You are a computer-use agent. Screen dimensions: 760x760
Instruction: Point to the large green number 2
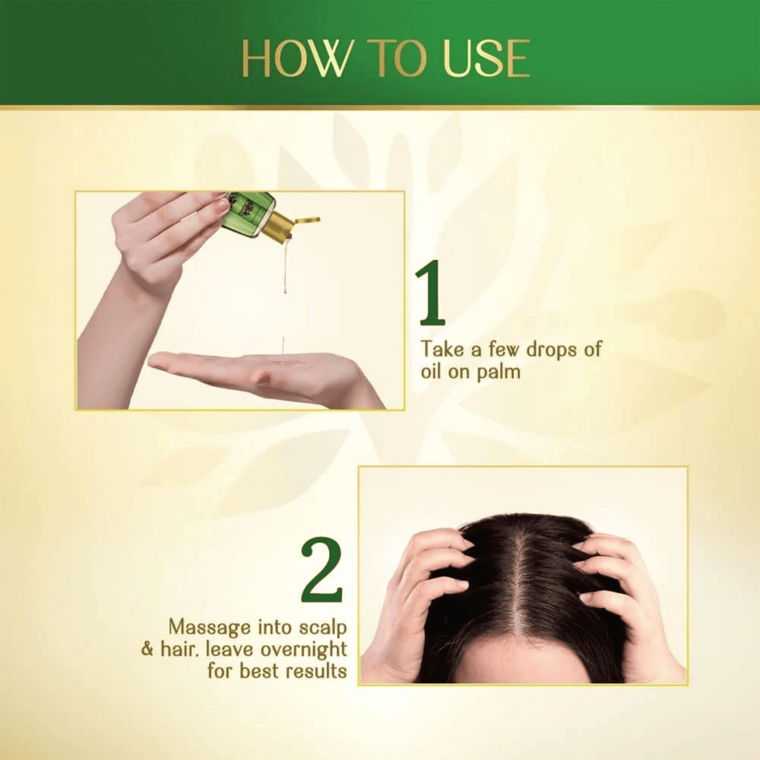tap(322, 571)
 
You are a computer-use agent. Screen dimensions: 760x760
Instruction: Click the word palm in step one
tap(498, 372)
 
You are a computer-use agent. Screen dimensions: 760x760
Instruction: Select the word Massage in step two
tap(209, 627)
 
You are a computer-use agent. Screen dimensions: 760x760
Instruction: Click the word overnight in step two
tap(303, 650)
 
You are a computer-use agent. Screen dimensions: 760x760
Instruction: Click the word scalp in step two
tap(323, 628)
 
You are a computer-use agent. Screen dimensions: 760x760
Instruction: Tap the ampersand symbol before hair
tap(147, 650)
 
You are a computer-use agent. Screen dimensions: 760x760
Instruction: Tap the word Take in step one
tap(442, 349)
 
